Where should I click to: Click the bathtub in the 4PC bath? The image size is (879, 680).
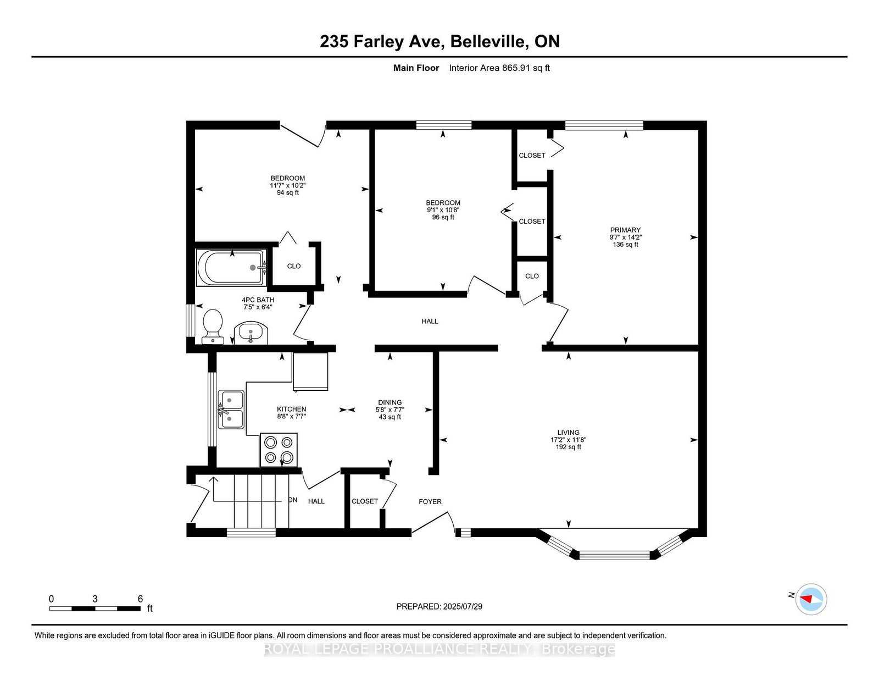[x=231, y=267]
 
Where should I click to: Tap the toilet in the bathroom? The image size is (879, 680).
[x=213, y=326]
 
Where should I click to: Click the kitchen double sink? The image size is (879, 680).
[x=231, y=409]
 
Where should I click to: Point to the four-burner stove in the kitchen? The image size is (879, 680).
[x=279, y=450]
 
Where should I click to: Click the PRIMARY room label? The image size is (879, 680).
[x=625, y=230]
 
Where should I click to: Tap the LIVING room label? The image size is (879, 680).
[x=569, y=432]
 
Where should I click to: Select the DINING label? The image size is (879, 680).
[x=390, y=402]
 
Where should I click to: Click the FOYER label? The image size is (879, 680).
[x=430, y=501]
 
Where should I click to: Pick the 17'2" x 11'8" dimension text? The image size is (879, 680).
[x=569, y=440]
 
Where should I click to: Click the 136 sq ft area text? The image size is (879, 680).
[x=625, y=245]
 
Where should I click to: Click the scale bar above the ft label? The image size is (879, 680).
[x=95, y=609]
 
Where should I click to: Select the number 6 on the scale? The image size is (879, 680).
[x=140, y=599]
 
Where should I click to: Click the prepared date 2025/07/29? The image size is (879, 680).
[x=462, y=606]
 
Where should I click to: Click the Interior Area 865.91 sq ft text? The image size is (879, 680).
[x=499, y=68]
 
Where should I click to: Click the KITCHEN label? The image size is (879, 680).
[x=291, y=409]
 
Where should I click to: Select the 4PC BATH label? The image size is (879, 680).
[x=258, y=300]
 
